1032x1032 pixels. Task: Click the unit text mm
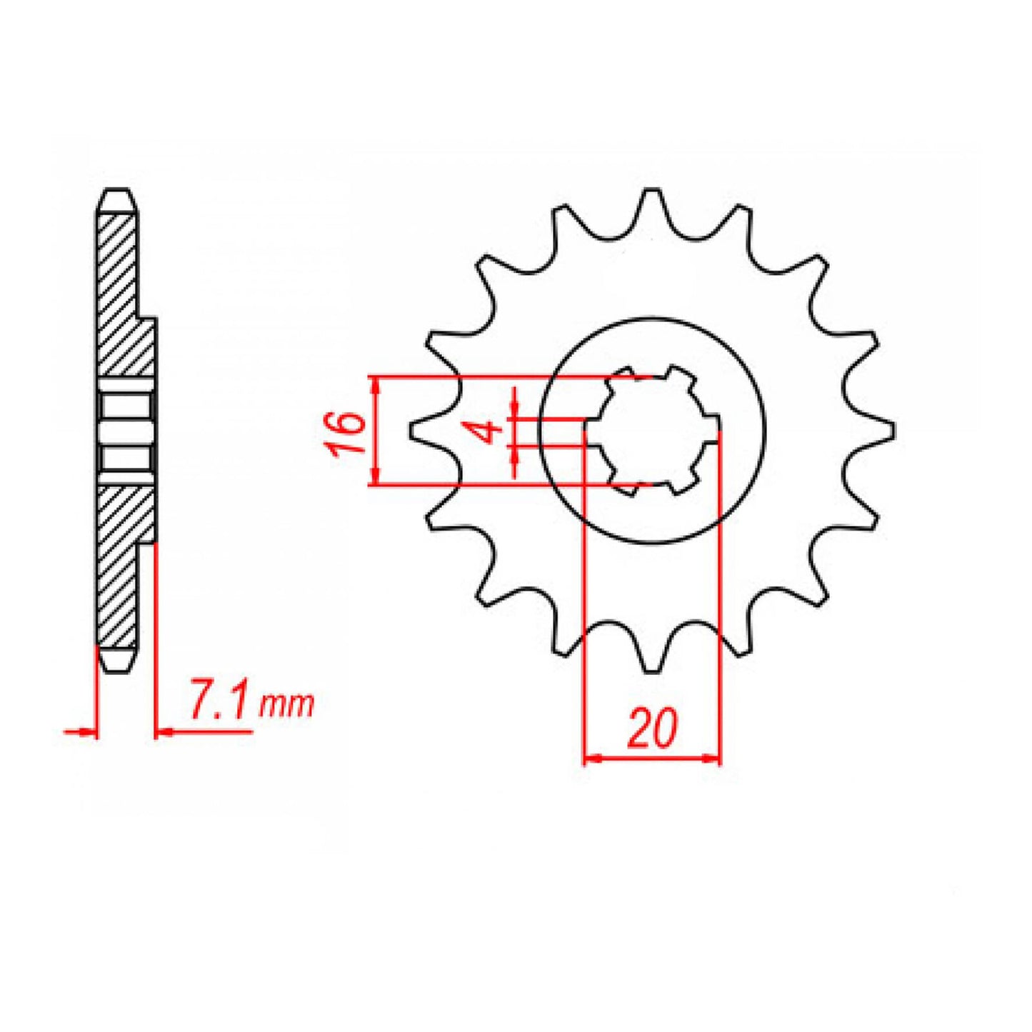[x=286, y=705]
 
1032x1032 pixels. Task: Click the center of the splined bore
[x=651, y=431]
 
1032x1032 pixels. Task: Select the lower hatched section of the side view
[x=119, y=564]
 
